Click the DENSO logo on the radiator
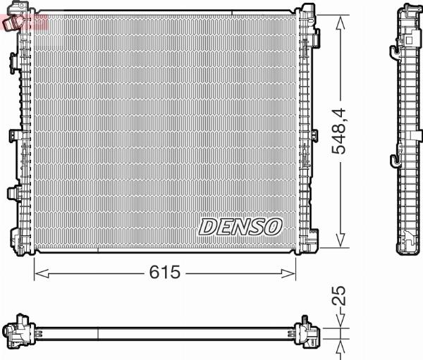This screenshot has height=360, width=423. (240, 226)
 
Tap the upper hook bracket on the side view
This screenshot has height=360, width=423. (394, 48)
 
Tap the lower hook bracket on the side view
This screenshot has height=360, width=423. (394, 157)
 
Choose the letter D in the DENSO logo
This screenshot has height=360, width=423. (208, 226)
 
